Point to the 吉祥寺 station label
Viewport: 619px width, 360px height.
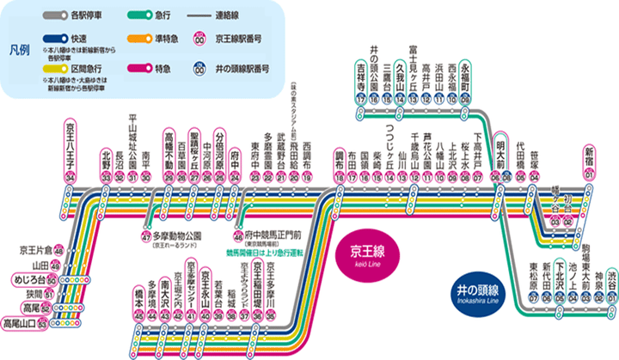click(361, 75)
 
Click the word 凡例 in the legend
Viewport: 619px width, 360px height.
click(20, 50)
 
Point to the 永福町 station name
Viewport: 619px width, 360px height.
click(465, 75)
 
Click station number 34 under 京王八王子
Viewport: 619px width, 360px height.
click(70, 177)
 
